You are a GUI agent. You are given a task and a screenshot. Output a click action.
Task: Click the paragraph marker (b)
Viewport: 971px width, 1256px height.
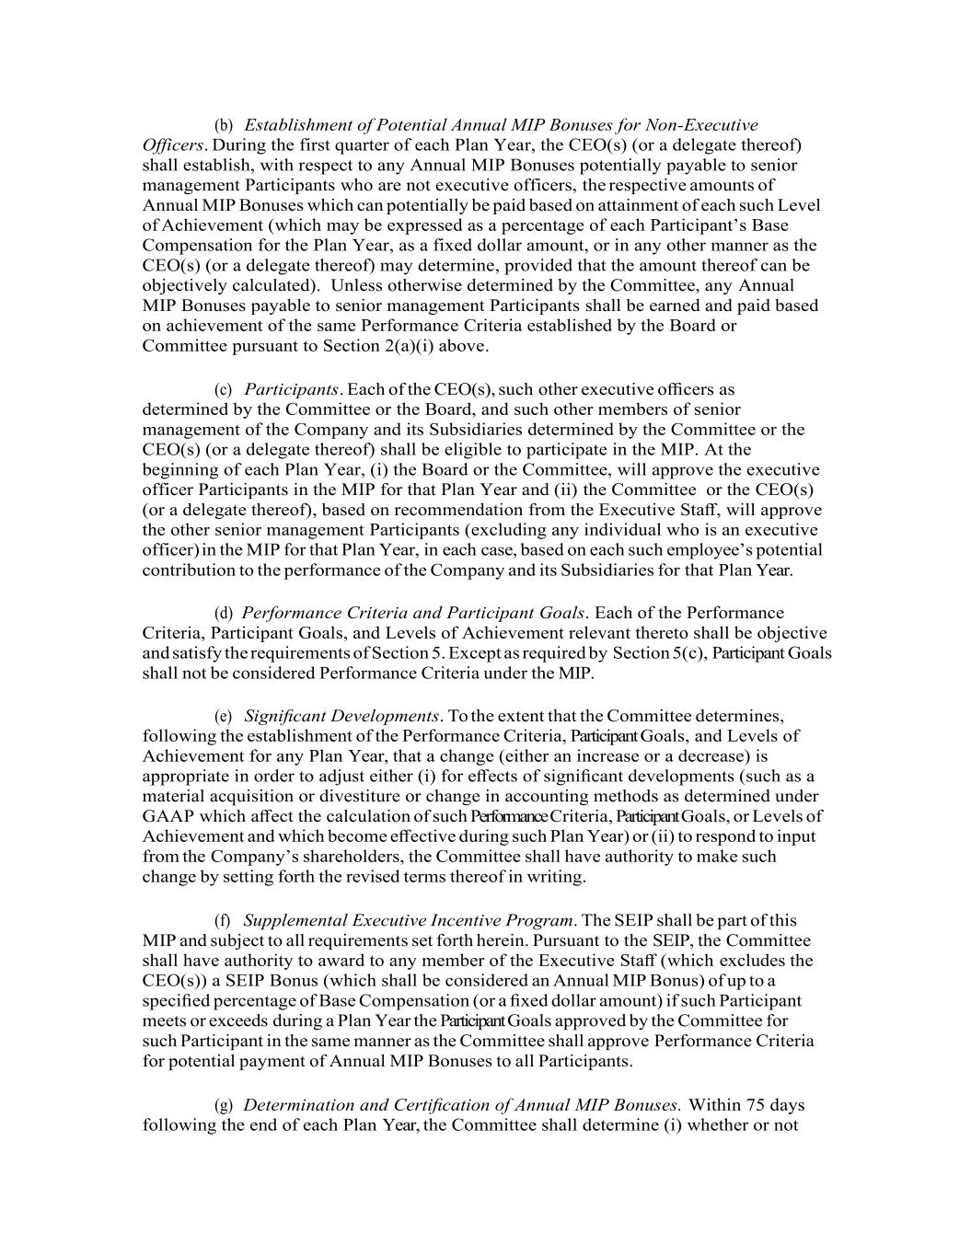224,125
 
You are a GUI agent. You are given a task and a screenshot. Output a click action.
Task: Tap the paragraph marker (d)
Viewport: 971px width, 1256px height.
224,614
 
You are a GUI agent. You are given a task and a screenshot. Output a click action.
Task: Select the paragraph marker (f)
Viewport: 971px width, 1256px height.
223,921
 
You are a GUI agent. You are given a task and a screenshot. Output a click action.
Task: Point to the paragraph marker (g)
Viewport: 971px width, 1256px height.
224,1105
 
